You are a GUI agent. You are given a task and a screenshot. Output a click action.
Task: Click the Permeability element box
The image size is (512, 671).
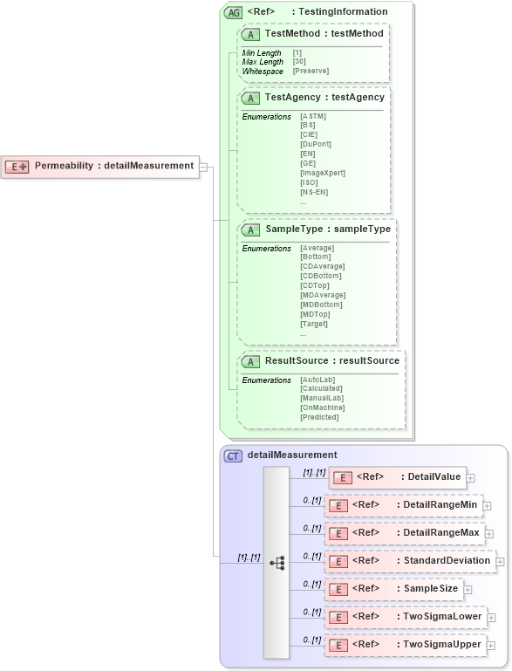click(x=100, y=166)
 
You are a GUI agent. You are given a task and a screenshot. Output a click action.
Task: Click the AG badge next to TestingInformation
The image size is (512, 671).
click(x=234, y=12)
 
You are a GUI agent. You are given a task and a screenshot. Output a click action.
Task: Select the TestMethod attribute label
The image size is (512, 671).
click(x=324, y=33)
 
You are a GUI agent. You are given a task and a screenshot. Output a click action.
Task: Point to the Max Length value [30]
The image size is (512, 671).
click(x=299, y=62)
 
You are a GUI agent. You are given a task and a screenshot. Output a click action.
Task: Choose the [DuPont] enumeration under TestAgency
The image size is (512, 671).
click(x=315, y=144)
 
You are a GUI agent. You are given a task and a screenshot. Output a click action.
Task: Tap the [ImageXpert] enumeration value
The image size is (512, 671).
click(x=322, y=173)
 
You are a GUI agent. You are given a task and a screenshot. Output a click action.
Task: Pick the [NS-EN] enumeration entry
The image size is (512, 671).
click(x=314, y=192)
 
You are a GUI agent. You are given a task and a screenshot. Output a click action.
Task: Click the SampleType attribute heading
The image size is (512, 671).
click(x=327, y=229)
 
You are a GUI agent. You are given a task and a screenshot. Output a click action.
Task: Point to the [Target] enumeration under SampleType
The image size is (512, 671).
click(x=314, y=324)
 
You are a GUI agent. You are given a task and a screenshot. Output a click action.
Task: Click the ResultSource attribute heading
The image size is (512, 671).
click(x=331, y=360)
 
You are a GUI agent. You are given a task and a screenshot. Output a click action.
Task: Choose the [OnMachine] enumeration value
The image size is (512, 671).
click(x=322, y=407)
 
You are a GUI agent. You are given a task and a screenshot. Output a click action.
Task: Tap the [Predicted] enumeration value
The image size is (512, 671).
click(x=318, y=417)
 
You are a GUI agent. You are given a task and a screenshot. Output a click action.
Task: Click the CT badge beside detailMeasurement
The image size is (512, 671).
click(x=234, y=455)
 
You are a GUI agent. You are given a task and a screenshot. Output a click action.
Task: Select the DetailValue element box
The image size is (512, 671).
click(x=397, y=476)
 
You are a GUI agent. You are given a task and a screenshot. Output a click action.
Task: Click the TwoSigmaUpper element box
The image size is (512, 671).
click(x=402, y=645)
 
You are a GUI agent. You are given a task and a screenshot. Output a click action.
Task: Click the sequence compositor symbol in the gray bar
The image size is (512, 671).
click(x=277, y=563)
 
